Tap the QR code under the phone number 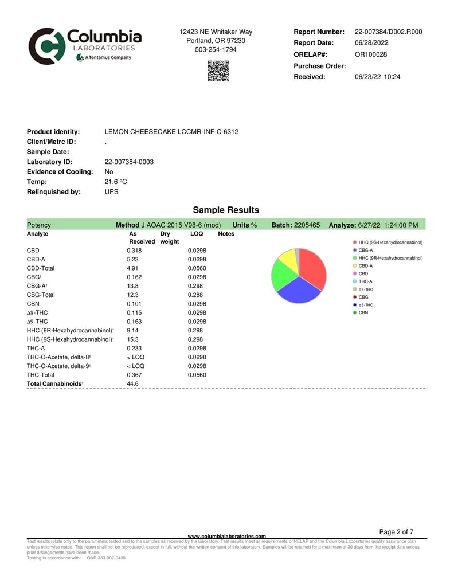coord(218,71)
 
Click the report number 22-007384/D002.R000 coord(388,32)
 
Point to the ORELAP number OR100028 coord(371,54)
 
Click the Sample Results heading coord(226,210)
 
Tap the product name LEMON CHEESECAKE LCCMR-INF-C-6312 coord(171,132)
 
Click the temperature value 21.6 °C coord(116,182)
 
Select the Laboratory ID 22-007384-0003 coord(129,162)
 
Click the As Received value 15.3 coord(132,339)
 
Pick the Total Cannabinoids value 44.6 coord(132,383)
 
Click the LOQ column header coord(196,234)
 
